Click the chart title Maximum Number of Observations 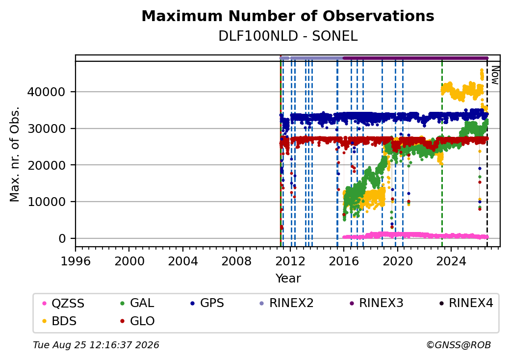[x=288, y=16]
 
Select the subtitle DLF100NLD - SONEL [x=288, y=36]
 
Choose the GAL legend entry [x=137, y=303]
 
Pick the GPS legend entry [x=207, y=303]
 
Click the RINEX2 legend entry [x=286, y=303]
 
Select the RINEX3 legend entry [x=376, y=303]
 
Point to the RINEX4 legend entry [x=466, y=303]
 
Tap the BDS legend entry [x=59, y=321]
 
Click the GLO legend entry [x=137, y=321]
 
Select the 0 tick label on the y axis [x=62, y=239]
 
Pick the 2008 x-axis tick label [x=236, y=261]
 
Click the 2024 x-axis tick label [x=451, y=261]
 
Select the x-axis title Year [x=288, y=279]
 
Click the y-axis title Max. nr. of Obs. [x=15, y=154]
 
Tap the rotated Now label [x=495, y=75]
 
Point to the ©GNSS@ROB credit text [x=459, y=345]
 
